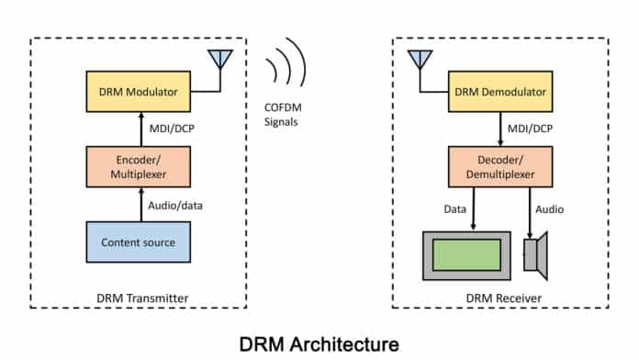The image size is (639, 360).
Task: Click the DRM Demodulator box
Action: point(500,92)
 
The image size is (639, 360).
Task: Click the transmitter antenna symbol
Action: point(219,59)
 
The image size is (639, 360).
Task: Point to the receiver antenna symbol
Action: point(420,59)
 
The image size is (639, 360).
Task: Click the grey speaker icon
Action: point(536,254)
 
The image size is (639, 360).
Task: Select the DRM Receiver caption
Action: point(499,298)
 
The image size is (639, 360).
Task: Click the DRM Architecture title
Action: point(319,343)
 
